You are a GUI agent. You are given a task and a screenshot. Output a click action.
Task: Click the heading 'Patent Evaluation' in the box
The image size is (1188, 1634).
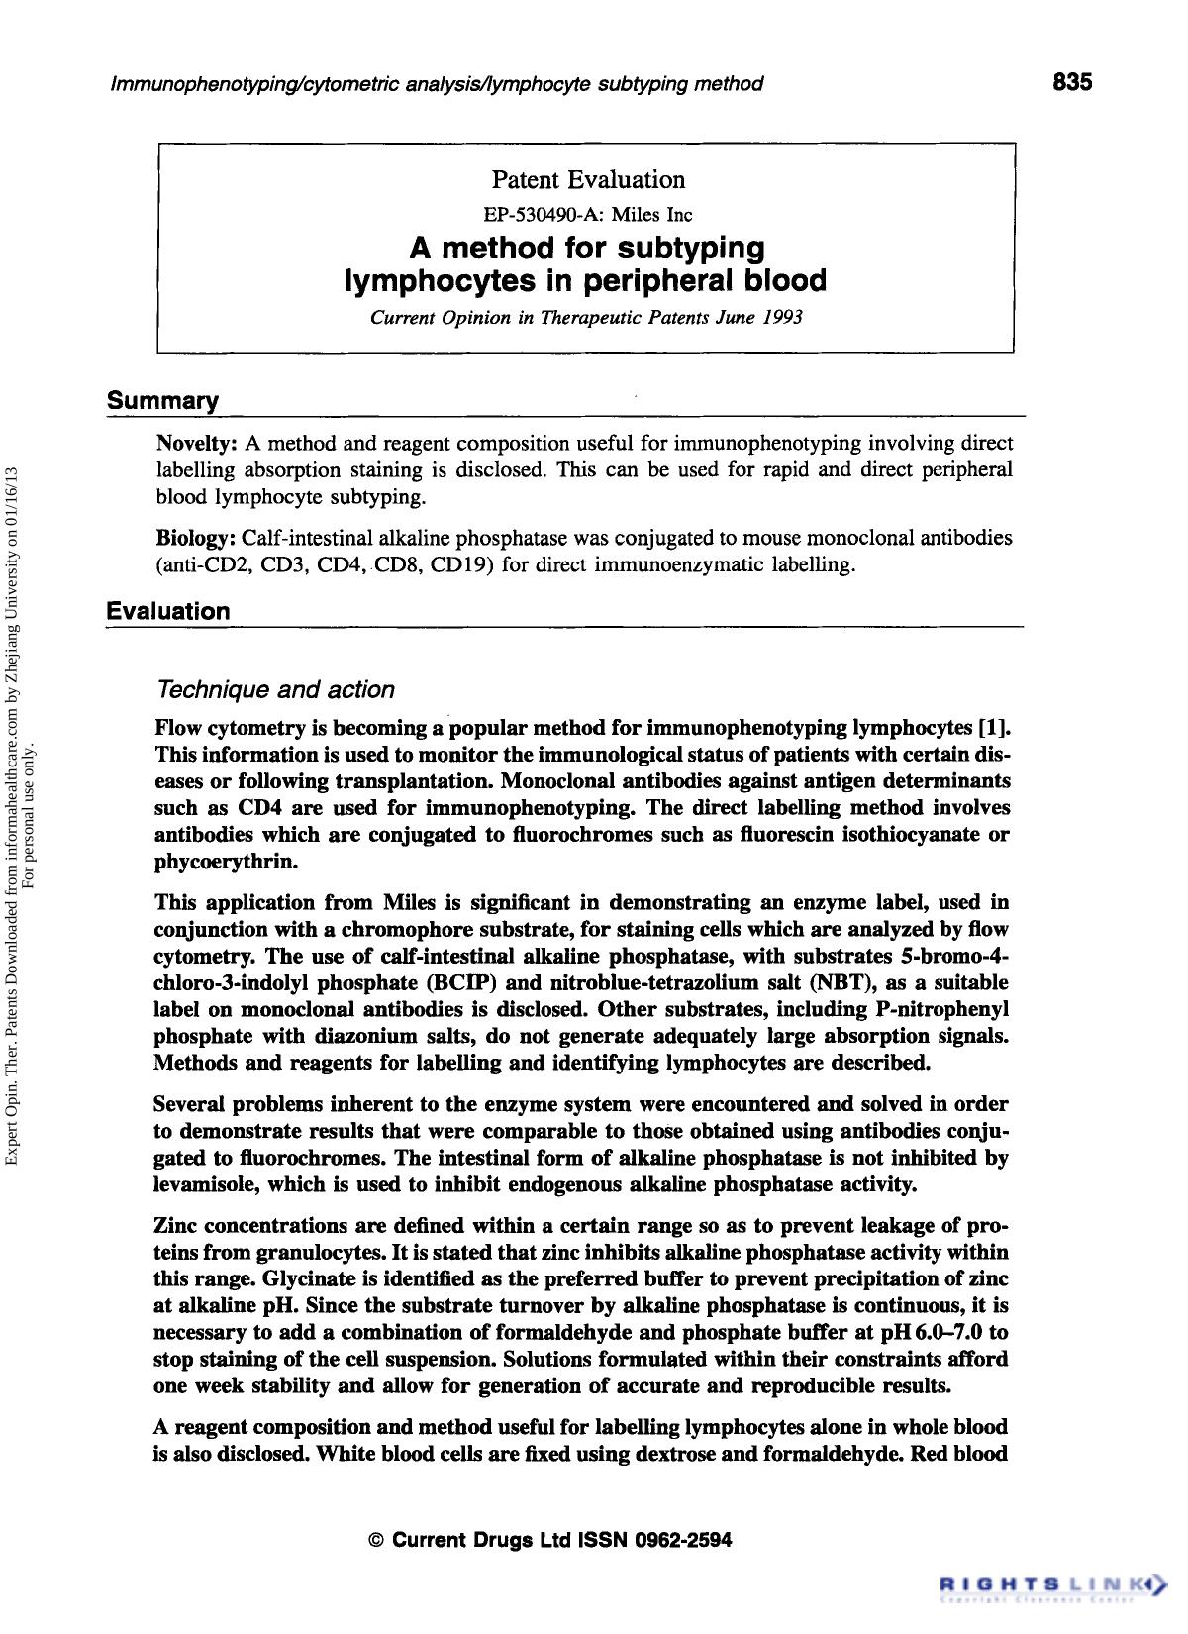[x=588, y=180]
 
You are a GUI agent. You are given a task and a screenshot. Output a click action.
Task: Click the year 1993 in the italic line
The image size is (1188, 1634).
[x=782, y=319]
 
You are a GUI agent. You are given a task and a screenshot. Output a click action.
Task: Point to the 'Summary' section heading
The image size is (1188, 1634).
[x=162, y=401]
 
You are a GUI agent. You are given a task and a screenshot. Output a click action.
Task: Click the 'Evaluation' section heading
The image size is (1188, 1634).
[x=168, y=611]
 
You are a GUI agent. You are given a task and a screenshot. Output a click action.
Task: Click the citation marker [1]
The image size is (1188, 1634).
[x=993, y=729]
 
